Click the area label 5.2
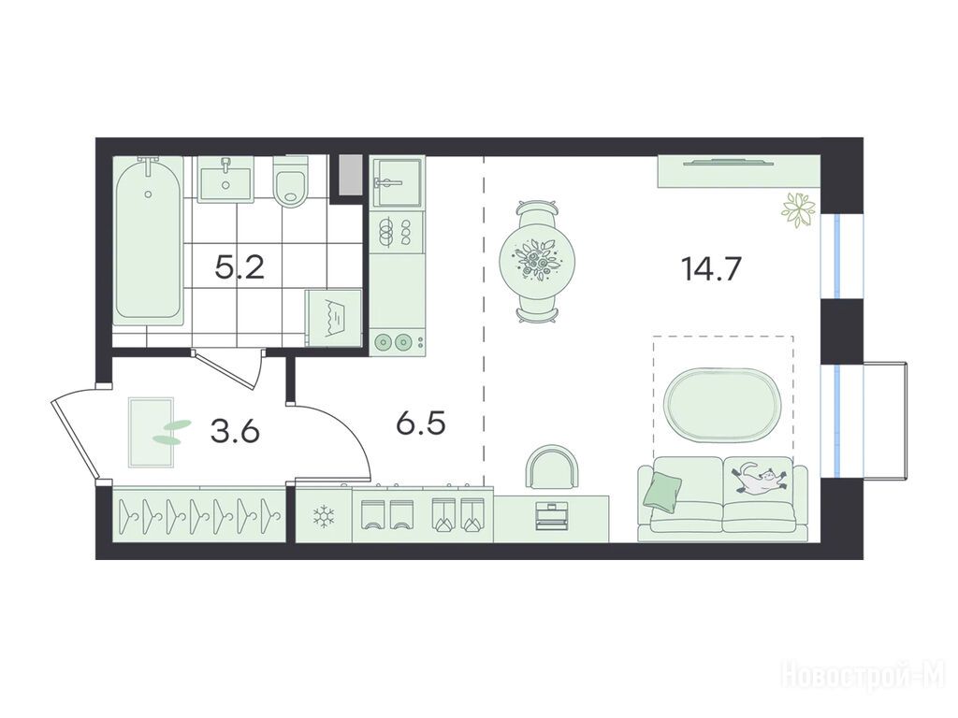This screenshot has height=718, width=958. click(240, 267)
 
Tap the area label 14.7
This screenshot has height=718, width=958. click(711, 268)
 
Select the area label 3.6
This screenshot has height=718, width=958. click(235, 432)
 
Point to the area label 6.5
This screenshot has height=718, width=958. click(420, 424)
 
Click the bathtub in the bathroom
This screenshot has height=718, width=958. click(149, 238)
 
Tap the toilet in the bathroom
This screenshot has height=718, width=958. click(290, 181)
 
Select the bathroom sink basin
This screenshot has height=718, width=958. click(225, 177)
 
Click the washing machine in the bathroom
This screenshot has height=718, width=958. click(334, 318)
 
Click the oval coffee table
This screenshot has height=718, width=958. click(721, 405)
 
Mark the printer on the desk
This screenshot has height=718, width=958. click(552, 516)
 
